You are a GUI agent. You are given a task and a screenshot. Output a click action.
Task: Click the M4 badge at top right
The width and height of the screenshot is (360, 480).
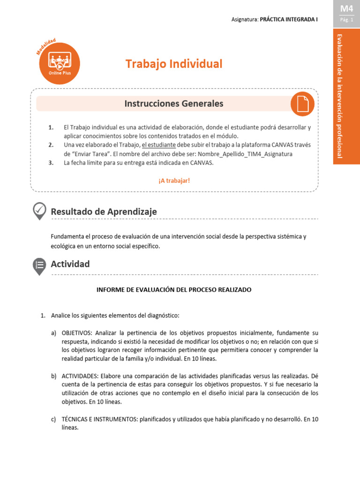347,8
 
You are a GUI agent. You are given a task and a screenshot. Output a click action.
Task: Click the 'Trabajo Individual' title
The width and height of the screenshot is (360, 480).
174,64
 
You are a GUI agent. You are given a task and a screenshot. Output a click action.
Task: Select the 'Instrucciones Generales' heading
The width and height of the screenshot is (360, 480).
174,104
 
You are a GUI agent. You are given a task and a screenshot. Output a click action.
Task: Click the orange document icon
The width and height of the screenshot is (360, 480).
302,104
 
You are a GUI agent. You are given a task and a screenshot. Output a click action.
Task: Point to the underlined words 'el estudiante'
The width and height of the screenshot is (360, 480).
158,145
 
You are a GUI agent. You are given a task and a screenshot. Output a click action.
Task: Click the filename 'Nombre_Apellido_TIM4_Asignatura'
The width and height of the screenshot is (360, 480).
245,154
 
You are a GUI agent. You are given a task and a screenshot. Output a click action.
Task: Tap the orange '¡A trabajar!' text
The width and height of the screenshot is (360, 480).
174,180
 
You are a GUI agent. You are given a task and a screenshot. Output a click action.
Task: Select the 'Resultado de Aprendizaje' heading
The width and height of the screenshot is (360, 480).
104,212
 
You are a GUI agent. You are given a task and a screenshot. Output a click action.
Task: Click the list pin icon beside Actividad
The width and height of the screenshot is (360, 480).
39,265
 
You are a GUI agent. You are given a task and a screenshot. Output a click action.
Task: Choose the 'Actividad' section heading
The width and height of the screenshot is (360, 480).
70,264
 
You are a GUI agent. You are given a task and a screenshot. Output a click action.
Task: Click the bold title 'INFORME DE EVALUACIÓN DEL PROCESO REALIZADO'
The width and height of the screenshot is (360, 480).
174,290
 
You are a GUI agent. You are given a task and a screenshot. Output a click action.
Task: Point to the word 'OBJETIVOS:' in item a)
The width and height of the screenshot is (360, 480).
77,332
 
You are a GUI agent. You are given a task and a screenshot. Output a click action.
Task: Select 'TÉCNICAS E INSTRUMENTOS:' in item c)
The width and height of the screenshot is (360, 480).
99,419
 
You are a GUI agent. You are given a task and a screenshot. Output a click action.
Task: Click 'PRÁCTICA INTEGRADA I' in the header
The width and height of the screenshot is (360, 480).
289,20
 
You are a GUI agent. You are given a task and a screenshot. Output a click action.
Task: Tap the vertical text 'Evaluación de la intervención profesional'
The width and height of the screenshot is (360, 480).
346,96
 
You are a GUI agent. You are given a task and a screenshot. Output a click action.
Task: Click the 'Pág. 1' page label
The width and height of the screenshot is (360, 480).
347,20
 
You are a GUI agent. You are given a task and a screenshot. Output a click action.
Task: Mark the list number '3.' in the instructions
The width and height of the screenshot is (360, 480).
51,163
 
